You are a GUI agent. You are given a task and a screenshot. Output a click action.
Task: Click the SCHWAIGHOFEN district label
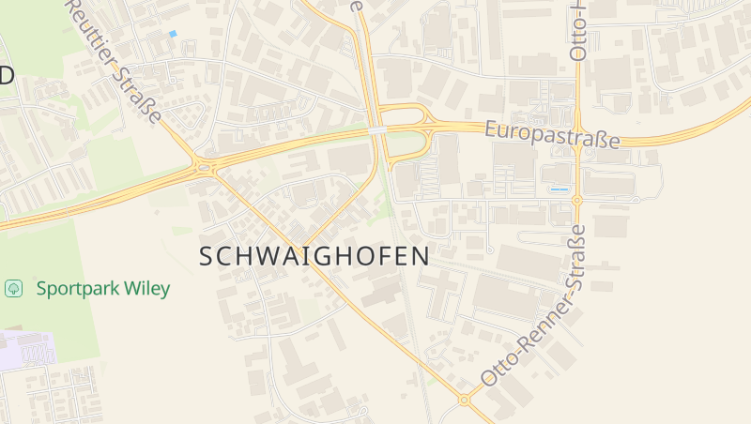314,256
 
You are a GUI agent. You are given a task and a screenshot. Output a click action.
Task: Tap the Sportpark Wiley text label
103,288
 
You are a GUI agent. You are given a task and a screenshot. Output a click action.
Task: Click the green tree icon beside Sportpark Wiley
14,288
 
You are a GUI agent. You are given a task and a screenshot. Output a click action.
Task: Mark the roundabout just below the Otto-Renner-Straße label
464,400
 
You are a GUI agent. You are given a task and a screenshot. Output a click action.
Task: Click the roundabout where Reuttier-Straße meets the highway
205,169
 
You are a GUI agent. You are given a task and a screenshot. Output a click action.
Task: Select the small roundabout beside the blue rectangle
577,200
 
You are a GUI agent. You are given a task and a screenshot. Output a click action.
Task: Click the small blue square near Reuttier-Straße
173,34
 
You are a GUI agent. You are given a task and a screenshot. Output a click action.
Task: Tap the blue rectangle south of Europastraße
559,189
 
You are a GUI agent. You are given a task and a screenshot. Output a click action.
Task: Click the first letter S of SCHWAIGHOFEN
207,256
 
